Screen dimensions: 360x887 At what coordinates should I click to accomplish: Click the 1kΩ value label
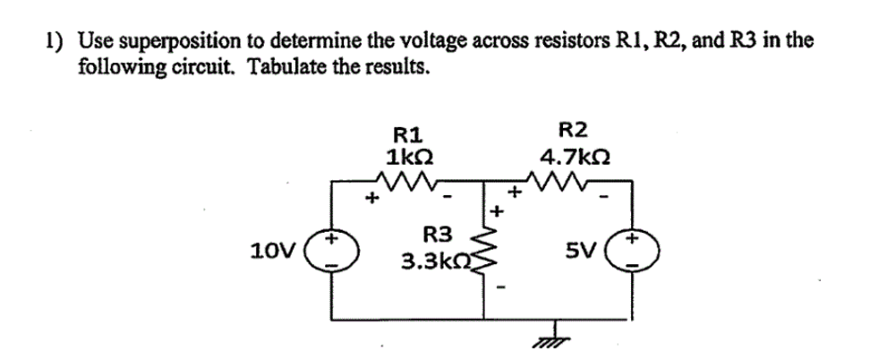click(410, 155)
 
